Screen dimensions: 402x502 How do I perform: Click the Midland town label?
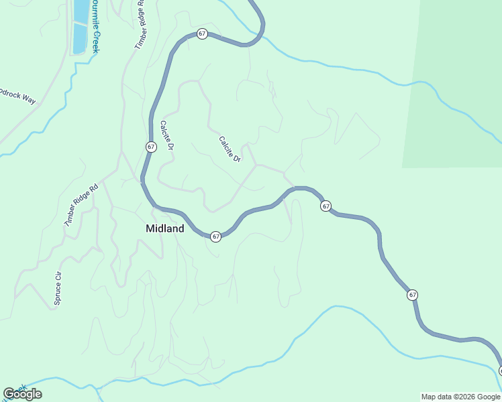pyautogui.click(x=164, y=228)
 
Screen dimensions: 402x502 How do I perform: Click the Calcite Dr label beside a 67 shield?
pyautogui.click(x=166, y=135)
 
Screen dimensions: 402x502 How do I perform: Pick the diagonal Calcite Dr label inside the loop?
pyautogui.click(x=230, y=149)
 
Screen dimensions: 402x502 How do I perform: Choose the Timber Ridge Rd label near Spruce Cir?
pyautogui.click(x=81, y=204)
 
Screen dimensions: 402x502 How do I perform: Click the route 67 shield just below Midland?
pyautogui.click(x=215, y=237)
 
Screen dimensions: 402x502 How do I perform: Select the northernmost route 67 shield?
pyautogui.click(x=202, y=33)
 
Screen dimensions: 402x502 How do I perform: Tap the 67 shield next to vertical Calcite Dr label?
pyautogui.click(x=151, y=147)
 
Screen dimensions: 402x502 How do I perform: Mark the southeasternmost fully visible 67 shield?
pyautogui.click(x=412, y=295)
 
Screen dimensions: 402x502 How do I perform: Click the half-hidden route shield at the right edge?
pyautogui.click(x=500, y=371)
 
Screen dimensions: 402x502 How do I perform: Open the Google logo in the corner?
pyautogui.click(x=22, y=394)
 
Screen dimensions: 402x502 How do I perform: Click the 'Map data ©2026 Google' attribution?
pyautogui.click(x=460, y=397)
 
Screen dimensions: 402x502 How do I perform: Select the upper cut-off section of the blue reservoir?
pyautogui.click(x=81, y=10)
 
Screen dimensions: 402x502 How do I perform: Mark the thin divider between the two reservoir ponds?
pyautogui.click(x=81, y=23)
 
